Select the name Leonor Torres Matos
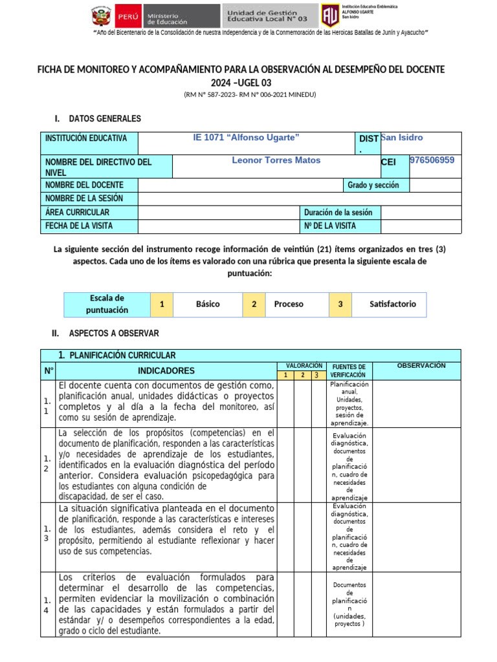(276, 160)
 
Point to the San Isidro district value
(402, 138)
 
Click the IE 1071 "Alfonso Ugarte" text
(247, 138)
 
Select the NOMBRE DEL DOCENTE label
(84, 186)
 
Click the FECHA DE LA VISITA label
(79, 226)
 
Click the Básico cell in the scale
(208, 304)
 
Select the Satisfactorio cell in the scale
(393, 304)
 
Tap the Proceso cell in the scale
(289, 304)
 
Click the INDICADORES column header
(166, 371)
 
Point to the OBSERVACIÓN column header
(421, 366)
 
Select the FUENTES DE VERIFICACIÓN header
(348, 371)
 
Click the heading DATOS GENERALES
(104, 119)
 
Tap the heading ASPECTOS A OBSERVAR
(114, 334)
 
